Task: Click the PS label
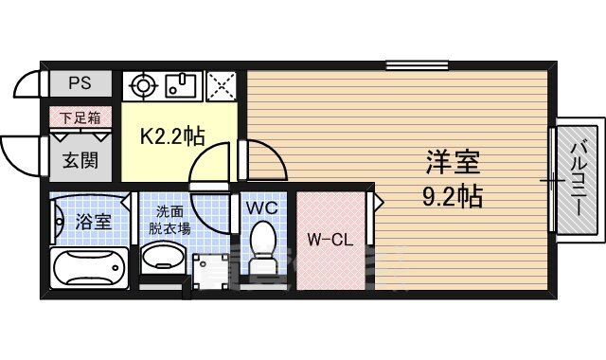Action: click(80, 83)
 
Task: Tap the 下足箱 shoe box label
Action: click(80, 117)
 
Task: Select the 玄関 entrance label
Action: click(80, 160)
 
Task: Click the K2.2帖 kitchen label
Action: click(172, 136)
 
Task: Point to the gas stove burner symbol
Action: click(144, 85)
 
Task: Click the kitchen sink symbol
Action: click(181, 85)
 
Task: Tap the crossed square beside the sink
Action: click(222, 86)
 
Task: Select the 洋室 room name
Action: click(453, 162)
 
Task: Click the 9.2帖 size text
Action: click(453, 196)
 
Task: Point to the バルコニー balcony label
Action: click(579, 179)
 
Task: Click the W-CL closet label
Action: click(330, 240)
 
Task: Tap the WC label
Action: click(262, 207)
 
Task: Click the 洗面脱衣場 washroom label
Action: click(170, 221)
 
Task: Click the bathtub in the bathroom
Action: click(89, 267)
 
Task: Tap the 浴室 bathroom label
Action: click(93, 222)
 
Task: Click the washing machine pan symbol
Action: click(210, 272)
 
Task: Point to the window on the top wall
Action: click(417, 65)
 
